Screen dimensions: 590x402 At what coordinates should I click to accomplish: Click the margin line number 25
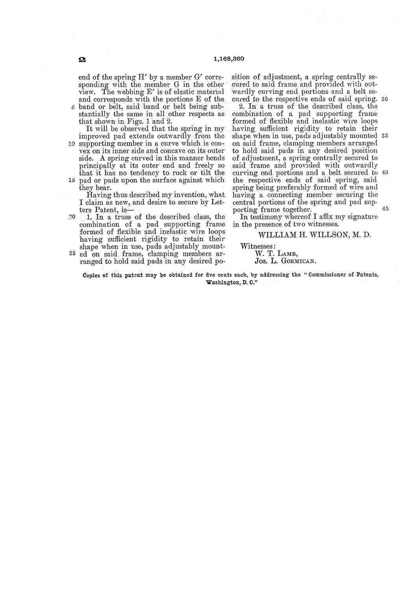[72, 254]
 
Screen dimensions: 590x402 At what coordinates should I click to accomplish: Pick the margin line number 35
[385, 136]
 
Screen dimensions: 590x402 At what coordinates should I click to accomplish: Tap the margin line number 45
[385, 209]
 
